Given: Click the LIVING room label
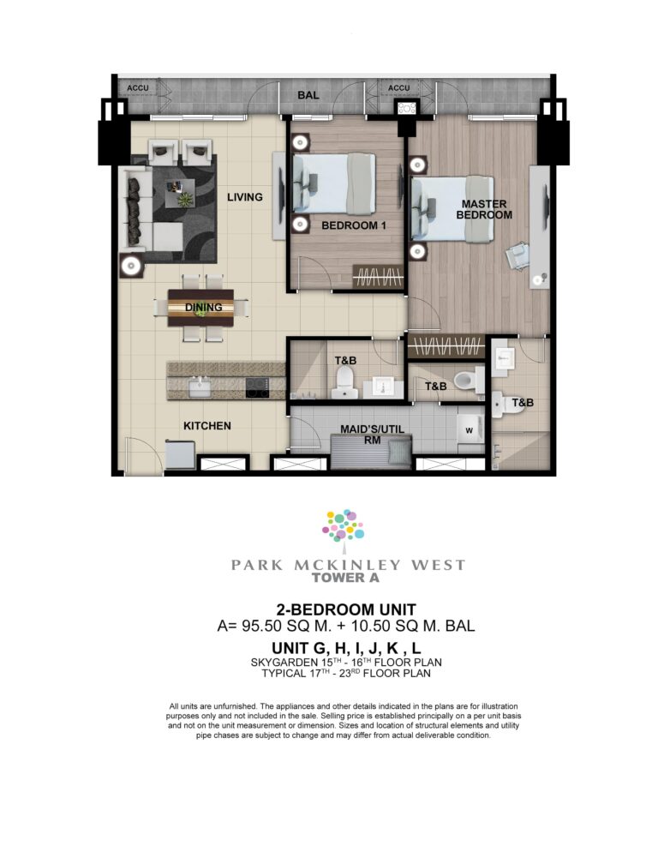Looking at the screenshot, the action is click(244, 197).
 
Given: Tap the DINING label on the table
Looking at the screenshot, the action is click(203, 308).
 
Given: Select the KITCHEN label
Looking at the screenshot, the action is click(207, 426).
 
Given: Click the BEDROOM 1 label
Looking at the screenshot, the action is click(354, 225).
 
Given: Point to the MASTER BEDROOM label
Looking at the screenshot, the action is click(483, 210).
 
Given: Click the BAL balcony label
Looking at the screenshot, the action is click(308, 95).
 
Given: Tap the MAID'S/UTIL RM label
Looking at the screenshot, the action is click(372, 435).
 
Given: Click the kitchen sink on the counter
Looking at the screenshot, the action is click(200, 388).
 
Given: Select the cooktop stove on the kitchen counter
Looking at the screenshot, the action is click(257, 387).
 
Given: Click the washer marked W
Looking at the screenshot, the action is click(470, 430).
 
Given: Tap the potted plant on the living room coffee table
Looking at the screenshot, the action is click(186, 200).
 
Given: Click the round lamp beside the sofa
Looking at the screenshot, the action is click(131, 267).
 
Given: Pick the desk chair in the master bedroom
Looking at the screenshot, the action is click(517, 255).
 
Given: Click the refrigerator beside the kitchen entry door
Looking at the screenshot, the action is click(181, 454).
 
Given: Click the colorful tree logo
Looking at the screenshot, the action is click(343, 526).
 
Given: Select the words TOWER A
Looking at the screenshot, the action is click(345, 578).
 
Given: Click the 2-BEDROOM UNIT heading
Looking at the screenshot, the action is click(346, 609).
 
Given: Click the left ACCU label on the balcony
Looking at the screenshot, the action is click(138, 88).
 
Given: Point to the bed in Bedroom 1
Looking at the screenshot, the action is click(334, 183).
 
